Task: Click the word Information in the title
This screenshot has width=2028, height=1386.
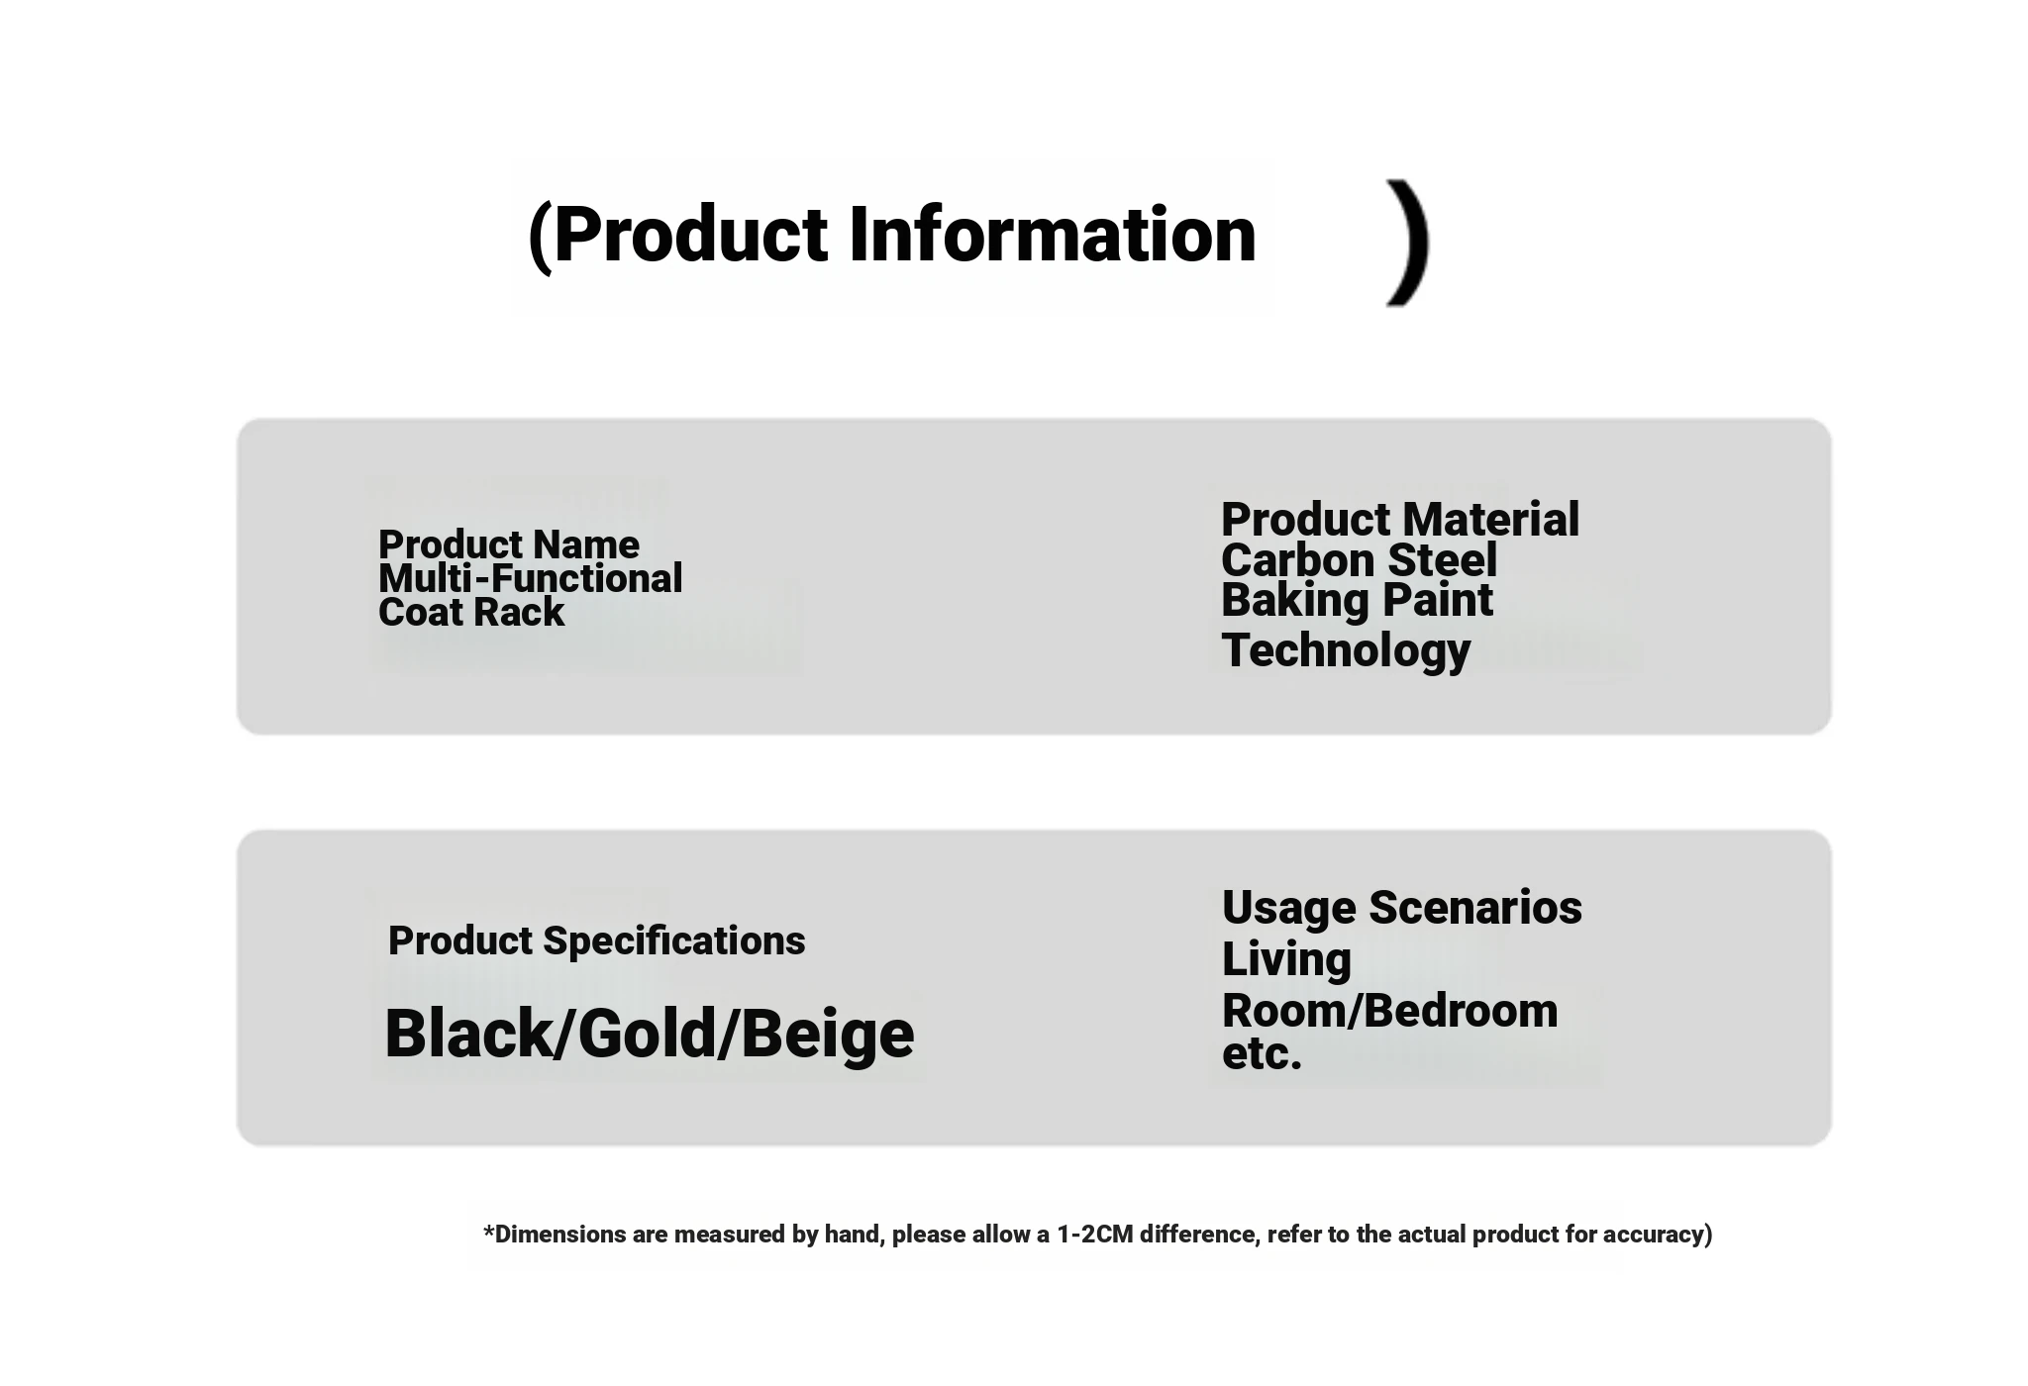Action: pyautogui.click(x=1053, y=235)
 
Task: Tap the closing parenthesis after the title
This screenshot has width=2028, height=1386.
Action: pyautogui.click(x=1409, y=243)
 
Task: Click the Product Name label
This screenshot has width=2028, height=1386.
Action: pyautogui.click(x=509, y=544)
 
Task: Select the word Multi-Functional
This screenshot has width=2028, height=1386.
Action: pyautogui.click(x=531, y=578)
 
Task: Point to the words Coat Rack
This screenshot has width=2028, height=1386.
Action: pyautogui.click(x=471, y=612)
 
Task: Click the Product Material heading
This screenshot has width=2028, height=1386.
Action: pyautogui.click(x=1400, y=520)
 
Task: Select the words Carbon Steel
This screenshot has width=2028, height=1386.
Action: pyautogui.click(x=1359, y=560)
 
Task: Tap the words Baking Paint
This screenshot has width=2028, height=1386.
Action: pyautogui.click(x=1357, y=600)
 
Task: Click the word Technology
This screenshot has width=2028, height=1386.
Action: pyautogui.click(x=1346, y=651)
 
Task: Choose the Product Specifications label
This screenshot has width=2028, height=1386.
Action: pyautogui.click(x=597, y=940)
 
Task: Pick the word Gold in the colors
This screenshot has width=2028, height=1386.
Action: pyautogui.click(x=647, y=1034)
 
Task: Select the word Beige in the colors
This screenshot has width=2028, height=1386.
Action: pyautogui.click(x=827, y=1036)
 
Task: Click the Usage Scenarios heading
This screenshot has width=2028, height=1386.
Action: pyautogui.click(x=1402, y=909)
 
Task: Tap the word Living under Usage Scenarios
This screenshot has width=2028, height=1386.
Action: pyautogui.click(x=1286, y=960)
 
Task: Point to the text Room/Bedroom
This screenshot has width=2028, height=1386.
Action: pyautogui.click(x=1390, y=1011)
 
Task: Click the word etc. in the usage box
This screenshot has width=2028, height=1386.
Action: pyautogui.click(x=1262, y=1053)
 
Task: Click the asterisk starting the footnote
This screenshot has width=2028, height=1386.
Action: pyautogui.click(x=488, y=1231)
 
